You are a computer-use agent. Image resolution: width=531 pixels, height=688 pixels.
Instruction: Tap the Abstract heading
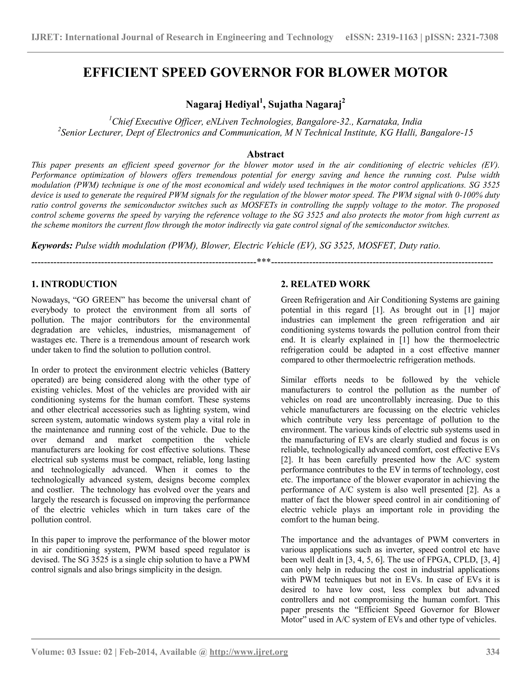[x=265, y=154]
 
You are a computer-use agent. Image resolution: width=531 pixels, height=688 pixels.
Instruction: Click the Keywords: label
[x=52, y=245]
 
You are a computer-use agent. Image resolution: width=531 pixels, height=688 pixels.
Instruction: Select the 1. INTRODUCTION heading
[x=74, y=284]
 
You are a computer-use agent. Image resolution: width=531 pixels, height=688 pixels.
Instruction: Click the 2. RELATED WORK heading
[x=325, y=284]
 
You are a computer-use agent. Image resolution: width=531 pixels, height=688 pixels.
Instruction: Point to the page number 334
[x=493, y=652]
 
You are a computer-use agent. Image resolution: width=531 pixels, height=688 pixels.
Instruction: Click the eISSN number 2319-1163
[x=396, y=37]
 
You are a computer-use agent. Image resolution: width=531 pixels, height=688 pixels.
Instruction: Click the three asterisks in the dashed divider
[x=264, y=261]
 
